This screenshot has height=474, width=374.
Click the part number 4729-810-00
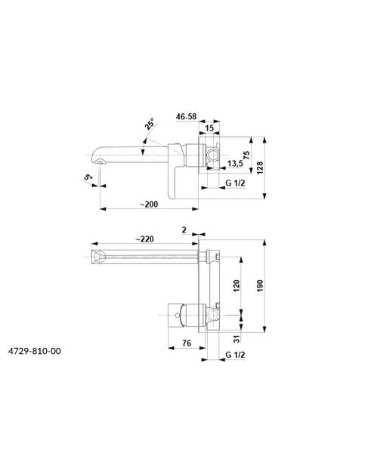click(x=35, y=351)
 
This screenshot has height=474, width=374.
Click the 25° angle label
click(x=149, y=124)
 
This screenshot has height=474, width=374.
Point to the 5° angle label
click(x=88, y=177)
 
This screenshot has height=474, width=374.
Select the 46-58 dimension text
click(x=186, y=116)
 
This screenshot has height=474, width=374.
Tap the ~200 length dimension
click(x=149, y=205)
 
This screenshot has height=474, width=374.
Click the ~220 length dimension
click(x=144, y=239)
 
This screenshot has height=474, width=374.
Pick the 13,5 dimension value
click(x=235, y=164)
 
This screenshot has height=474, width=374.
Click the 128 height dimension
click(x=260, y=168)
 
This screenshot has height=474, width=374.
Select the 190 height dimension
click(x=260, y=286)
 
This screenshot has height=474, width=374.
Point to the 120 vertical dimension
click(x=236, y=286)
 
